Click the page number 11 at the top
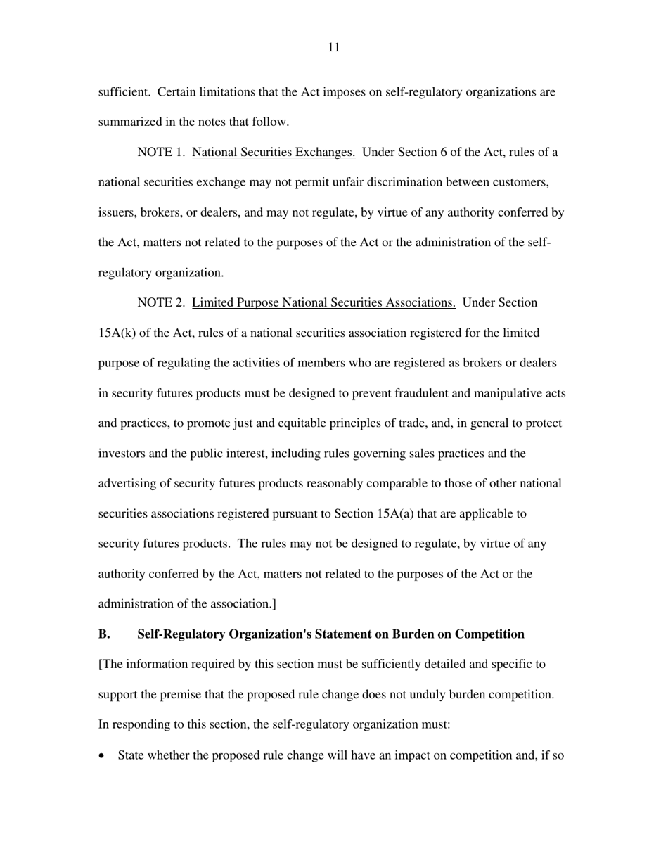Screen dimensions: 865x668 pos(333,48)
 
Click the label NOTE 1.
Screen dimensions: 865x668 pos(160,153)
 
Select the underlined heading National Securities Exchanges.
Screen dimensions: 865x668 pos(273,153)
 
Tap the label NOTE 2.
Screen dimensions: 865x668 pos(160,303)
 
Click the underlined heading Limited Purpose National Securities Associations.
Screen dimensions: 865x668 pos(323,303)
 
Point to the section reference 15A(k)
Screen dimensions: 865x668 pos(117,333)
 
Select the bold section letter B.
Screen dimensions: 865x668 pos(104,634)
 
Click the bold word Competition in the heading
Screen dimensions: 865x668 pos(489,634)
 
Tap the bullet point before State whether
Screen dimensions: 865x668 pos(104,757)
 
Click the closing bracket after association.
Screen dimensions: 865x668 pos(274,604)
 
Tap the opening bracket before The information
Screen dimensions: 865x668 pos(100,665)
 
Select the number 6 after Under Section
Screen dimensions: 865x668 pos(444,153)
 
